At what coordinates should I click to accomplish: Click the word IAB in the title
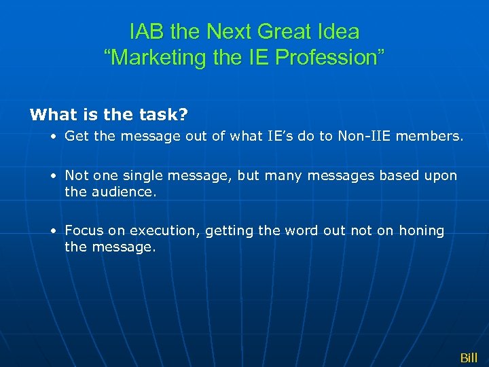pos(145,31)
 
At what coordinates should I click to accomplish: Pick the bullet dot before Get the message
pos(53,137)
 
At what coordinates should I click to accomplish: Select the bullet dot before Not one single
pos(53,176)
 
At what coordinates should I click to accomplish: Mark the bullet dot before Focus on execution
pos(53,231)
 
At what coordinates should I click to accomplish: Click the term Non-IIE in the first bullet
pos(361,136)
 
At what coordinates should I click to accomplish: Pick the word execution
pos(163,231)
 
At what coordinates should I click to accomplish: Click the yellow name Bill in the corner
pos(469,357)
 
